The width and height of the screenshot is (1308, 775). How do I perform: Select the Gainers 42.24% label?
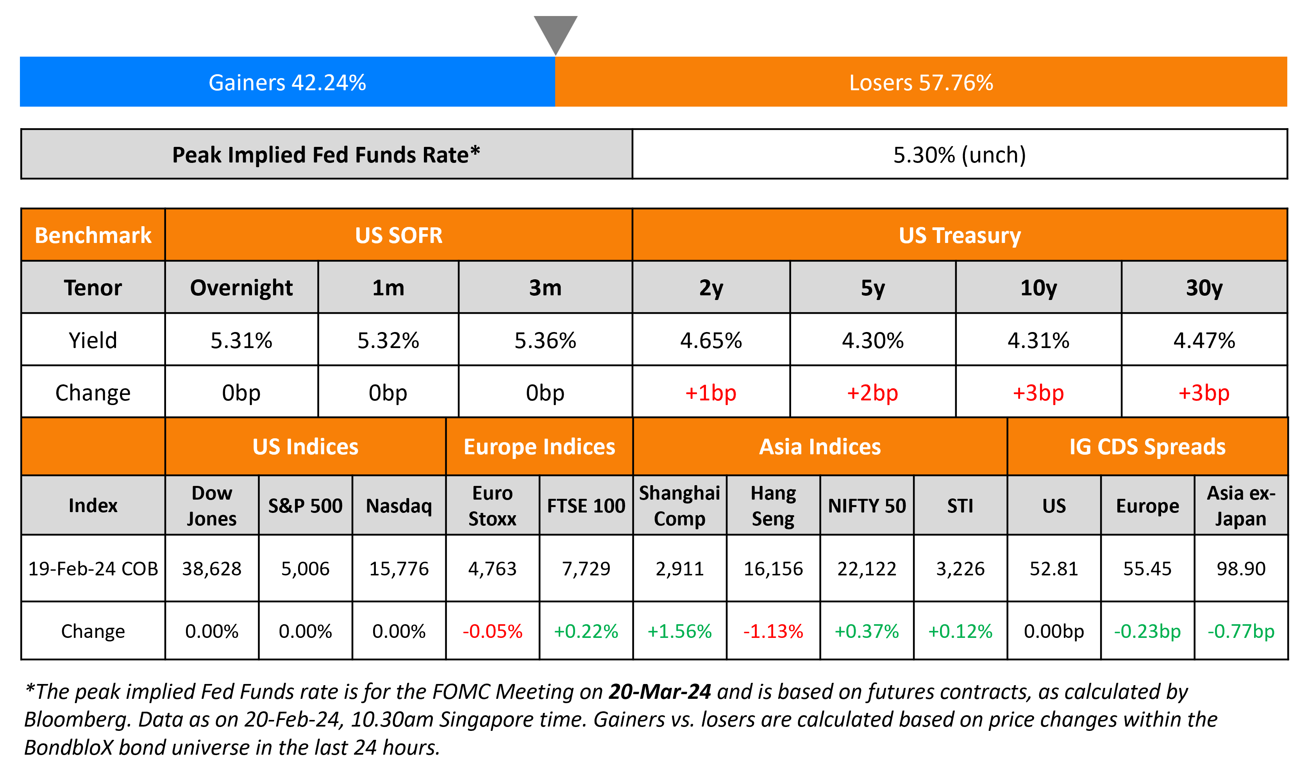[287, 82]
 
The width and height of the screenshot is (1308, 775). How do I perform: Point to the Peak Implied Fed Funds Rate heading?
[326, 155]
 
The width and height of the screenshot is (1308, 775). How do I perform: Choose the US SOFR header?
[398, 236]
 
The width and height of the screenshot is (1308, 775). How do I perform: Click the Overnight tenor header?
[241, 288]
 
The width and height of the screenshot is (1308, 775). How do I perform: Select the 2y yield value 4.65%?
[711, 341]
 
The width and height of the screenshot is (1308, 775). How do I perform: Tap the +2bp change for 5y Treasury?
[872, 393]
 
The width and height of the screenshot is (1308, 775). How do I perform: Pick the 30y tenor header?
[1204, 288]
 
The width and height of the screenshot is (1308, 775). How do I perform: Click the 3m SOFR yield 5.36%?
[545, 341]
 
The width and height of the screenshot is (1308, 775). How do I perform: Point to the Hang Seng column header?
[773, 505]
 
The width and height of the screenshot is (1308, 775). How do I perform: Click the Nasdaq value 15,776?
[399, 568]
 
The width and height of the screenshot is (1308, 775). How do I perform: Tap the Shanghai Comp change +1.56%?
[679, 631]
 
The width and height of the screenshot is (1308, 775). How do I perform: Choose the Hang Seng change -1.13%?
[773, 631]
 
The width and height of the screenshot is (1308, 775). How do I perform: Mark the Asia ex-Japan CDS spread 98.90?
[1241, 568]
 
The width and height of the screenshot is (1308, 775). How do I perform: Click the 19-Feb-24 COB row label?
[93, 568]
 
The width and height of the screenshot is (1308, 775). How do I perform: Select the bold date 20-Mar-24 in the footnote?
[659, 691]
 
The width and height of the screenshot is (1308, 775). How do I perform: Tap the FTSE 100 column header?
[586, 505]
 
